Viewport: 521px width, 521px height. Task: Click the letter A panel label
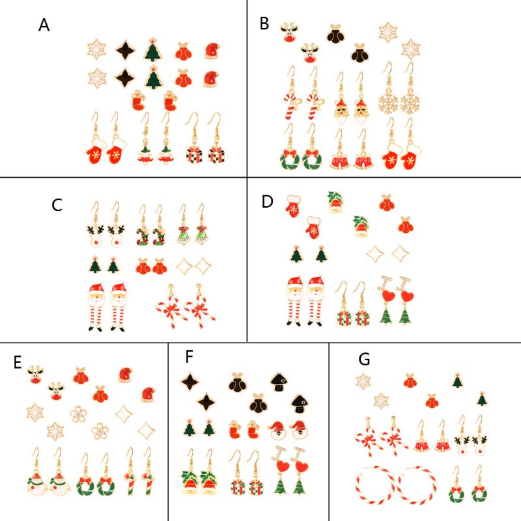[44, 25]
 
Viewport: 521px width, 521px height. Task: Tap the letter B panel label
[264, 24]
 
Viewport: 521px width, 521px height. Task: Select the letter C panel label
[57, 205]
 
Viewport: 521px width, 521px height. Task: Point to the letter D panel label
[267, 201]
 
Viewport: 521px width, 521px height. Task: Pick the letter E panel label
[18, 363]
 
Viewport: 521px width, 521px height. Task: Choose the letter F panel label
[190, 357]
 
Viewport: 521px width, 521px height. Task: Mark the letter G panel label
[364, 359]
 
